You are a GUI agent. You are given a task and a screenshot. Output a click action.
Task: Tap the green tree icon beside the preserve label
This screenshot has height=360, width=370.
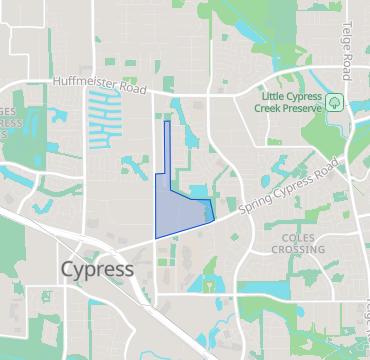[333, 101]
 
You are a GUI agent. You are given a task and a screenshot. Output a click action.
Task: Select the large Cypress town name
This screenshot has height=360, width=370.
[97, 270]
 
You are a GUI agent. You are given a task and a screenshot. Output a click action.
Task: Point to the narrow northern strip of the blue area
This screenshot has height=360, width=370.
[167, 145]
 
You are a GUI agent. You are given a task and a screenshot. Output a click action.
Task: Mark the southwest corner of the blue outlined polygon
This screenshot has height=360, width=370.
[156, 237]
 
